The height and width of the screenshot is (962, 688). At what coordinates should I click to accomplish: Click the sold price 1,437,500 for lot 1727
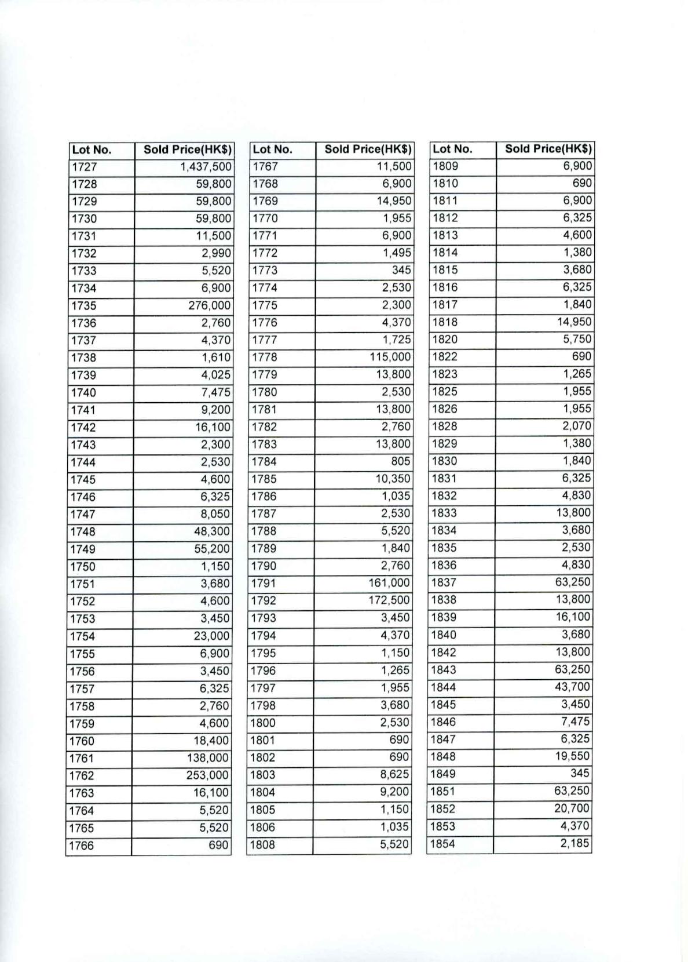(206, 167)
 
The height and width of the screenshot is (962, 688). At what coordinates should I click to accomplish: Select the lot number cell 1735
(83, 305)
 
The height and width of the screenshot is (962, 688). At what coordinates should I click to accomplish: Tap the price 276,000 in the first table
(209, 305)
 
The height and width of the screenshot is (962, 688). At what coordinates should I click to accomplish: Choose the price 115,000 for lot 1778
(390, 357)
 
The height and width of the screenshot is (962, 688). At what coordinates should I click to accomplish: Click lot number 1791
(264, 583)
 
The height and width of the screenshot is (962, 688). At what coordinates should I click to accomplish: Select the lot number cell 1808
(262, 844)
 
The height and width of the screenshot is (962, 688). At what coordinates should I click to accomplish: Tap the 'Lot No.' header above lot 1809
(452, 149)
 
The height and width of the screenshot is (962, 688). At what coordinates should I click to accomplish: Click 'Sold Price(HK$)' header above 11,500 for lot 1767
(368, 149)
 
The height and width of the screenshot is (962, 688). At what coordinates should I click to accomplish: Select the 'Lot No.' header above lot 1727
(92, 150)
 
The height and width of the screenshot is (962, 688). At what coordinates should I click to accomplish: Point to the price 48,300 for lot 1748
(212, 531)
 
